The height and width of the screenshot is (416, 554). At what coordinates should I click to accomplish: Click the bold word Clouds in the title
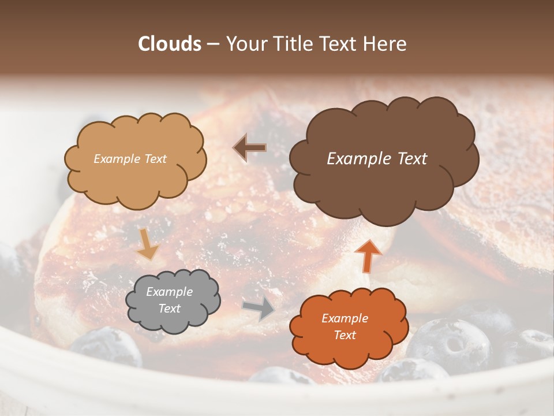coord(170,44)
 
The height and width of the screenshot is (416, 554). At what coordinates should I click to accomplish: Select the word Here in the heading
coord(385,44)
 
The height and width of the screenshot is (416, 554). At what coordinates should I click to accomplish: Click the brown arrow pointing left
coord(250,148)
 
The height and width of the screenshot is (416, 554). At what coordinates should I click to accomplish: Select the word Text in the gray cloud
coord(170,309)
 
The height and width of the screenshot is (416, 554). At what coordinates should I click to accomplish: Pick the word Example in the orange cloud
coord(345,318)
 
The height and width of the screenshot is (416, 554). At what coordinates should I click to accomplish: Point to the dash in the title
coord(212,44)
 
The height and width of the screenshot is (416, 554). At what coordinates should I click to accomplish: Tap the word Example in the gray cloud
coord(170,292)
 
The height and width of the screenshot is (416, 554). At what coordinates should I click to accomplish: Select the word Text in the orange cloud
coord(345,335)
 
